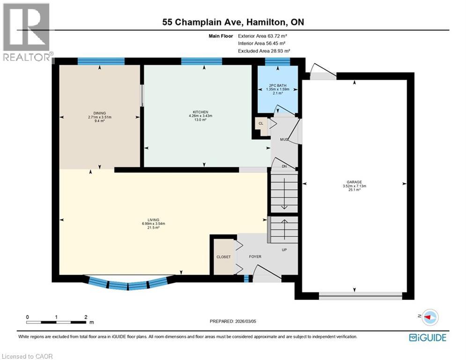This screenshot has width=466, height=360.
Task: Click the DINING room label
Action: click(99, 113)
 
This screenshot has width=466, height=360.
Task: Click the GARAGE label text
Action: click(354, 182)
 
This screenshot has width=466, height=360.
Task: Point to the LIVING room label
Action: click(153, 220)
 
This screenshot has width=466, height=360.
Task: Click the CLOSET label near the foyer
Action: click(223, 257)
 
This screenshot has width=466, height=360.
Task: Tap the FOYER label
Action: click(255, 257)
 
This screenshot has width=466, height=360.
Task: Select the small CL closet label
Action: click(260, 124)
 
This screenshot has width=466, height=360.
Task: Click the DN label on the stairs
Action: click(284, 166)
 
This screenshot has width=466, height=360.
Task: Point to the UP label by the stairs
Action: click(284, 249)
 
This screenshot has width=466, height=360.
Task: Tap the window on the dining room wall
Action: click(101, 60)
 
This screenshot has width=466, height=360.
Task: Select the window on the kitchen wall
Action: click(201, 60)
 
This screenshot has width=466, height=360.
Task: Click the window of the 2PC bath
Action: click(277, 60)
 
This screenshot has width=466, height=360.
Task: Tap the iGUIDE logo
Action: click(428, 337)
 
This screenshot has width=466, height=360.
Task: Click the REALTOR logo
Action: click(27, 32)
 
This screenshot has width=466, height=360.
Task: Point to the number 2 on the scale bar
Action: click(85, 317)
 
